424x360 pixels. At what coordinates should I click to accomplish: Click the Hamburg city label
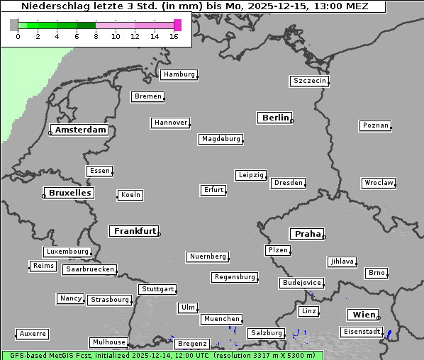click(x=179, y=74)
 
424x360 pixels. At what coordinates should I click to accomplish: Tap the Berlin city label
click(x=275, y=118)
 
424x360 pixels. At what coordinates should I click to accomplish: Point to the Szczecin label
click(x=310, y=81)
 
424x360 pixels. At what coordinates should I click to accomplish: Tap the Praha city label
click(x=308, y=234)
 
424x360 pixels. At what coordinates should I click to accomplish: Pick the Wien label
click(x=363, y=315)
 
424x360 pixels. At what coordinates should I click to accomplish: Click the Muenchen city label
click(x=221, y=320)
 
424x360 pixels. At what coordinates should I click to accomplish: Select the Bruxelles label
click(x=69, y=193)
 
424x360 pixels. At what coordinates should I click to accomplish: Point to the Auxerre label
click(x=33, y=334)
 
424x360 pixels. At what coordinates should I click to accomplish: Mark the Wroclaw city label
click(x=378, y=183)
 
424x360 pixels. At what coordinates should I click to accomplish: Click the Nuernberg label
click(x=208, y=257)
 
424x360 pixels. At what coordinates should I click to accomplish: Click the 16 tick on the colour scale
click(x=174, y=36)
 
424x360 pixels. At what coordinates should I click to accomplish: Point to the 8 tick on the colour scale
click(x=96, y=36)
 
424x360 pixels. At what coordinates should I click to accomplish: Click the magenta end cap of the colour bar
click(x=177, y=25)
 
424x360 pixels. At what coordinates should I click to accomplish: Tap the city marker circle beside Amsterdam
click(x=51, y=133)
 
